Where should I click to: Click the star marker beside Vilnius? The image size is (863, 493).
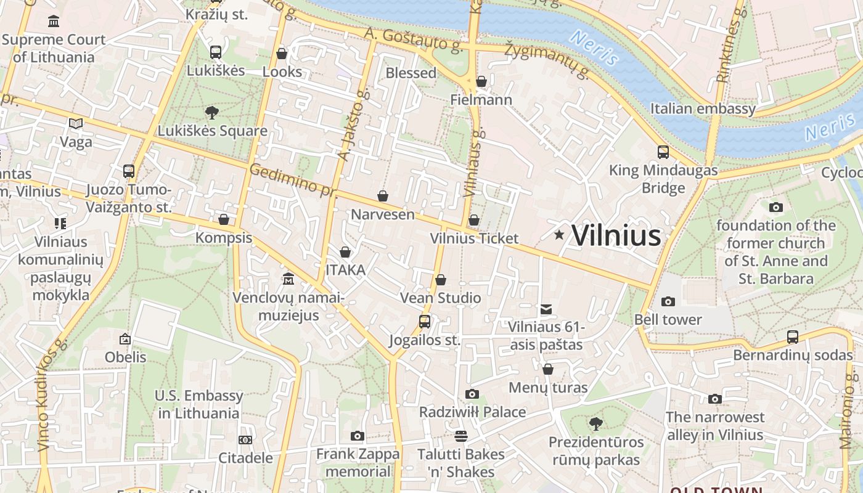tap(559, 235)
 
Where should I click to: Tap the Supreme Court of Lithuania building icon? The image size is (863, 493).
tap(54, 22)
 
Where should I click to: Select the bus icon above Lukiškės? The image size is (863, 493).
tap(215, 52)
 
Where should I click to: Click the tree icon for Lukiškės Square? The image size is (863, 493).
tap(212, 113)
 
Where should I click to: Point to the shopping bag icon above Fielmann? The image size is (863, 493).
tap(481, 81)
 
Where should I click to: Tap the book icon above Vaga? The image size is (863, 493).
tap(76, 124)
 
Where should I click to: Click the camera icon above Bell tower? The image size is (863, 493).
tap(668, 301)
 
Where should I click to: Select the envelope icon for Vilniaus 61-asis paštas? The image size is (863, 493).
tap(546, 309)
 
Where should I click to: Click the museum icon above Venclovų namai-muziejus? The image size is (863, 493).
tap(288, 279)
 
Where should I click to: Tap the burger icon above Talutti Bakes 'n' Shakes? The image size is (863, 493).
tap(461, 436)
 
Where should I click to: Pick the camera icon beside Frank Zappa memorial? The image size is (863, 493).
tap(357, 436)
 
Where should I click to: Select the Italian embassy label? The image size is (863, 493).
tap(703, 109)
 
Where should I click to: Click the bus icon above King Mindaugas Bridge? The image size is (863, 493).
tap(663, 152)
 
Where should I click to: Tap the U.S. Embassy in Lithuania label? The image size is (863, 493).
tap(198, 404)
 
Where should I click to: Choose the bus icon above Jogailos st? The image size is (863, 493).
tap(425, 321)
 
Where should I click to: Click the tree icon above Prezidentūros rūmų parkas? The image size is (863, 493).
tap(595, 424)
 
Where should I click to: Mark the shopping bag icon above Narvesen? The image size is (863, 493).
tap(383, 196)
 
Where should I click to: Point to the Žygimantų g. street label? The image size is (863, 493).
tap(547, 61)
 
